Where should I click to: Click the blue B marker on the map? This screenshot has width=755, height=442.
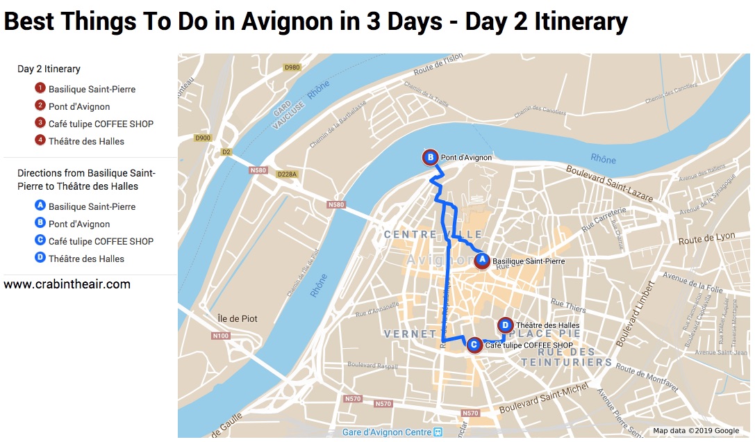tap(431, 158)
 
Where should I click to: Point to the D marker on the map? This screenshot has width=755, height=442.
tap(506, 325)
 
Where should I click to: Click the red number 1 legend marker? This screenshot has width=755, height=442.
tap(40, 89)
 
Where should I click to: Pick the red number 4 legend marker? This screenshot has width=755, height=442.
tap(40, 141)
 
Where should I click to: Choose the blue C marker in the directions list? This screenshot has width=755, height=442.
tap(40, 241)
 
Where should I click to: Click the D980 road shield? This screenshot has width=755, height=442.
tap(292, 67)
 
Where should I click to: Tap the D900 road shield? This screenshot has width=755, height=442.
tap(203, 138)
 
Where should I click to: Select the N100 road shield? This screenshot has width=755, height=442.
tap(220, 336)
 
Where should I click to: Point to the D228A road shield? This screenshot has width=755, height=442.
tap(286, 174)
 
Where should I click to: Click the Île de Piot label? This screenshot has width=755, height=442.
tap(238, 318)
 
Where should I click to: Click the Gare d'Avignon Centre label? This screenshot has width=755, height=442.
tap(387, 432)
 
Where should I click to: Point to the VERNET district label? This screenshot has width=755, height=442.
tap(410, 334)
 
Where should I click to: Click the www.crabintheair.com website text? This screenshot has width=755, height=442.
tap(67, 284)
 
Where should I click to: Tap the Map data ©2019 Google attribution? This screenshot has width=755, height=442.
tap(696, 432)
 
